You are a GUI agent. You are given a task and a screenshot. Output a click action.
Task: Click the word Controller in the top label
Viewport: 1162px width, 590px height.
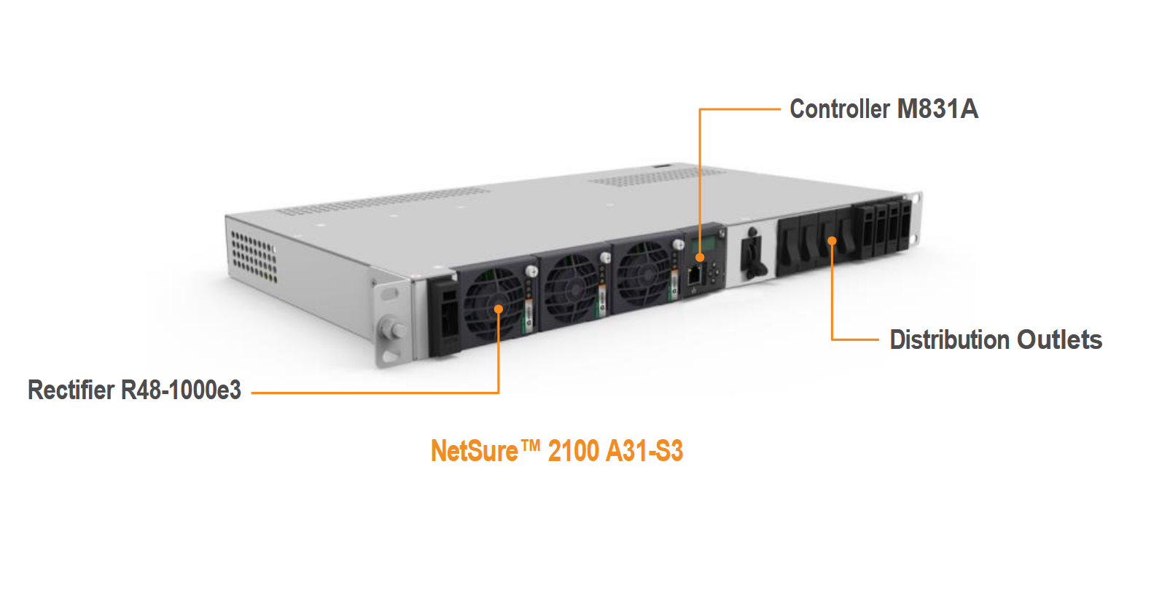point(840,109)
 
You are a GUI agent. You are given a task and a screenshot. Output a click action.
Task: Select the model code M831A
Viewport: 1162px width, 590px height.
point(937,109)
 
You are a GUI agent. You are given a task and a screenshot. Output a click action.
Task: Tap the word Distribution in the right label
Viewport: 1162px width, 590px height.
point(949,340)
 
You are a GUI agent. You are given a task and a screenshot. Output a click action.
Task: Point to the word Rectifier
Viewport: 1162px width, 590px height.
point(71,390)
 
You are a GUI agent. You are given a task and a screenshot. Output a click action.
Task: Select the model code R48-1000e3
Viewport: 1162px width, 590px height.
point(181,390)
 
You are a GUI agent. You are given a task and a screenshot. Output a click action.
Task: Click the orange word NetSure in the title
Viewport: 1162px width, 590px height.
point(474,452)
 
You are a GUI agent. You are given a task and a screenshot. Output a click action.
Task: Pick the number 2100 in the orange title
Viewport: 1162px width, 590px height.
point(573,452)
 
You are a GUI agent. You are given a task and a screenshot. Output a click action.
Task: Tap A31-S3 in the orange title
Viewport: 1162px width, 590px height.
point(644,452)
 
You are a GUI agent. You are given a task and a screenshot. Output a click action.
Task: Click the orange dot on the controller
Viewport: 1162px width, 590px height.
point(700,257)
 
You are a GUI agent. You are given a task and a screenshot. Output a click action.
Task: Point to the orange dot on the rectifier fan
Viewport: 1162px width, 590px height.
point(499,309)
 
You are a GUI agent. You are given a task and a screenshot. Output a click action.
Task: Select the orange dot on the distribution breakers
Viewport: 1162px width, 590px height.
point(832,240)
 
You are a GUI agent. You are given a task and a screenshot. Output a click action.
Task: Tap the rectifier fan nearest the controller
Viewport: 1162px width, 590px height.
point(643,275)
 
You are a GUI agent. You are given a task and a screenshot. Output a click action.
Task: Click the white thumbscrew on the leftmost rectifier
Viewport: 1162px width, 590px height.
point(531,271)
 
